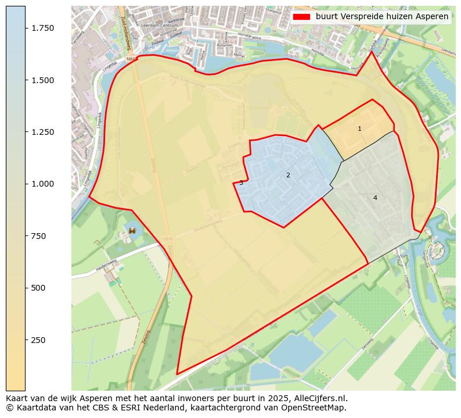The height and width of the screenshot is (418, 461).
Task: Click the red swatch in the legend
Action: pos(301,17)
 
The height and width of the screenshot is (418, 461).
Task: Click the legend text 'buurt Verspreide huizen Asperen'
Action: pos(381,17)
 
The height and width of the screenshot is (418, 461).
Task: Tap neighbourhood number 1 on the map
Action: pos(359,128)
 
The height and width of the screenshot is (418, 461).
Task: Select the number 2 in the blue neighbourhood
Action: pos(288,175)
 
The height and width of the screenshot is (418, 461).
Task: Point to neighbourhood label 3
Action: pos(241,183)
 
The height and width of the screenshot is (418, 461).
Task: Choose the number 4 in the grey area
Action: pos(375,198)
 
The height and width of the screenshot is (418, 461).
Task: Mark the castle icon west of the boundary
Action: pos(132,230)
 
